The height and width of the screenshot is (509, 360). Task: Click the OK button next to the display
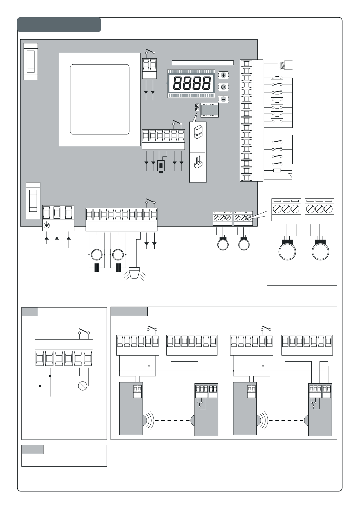(223, 87)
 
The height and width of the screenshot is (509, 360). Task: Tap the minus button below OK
(223, 99)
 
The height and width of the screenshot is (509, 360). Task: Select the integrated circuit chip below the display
(209, 111)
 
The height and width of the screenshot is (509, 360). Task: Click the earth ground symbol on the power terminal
(47, 225)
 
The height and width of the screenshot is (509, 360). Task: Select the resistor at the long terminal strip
(277, 171)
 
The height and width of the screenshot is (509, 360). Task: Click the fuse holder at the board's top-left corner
(31, 61)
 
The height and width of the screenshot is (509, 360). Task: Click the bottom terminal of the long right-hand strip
(246, 178)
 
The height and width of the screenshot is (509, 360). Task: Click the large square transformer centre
(100, 99)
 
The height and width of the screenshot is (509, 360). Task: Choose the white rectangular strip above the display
(203, 63)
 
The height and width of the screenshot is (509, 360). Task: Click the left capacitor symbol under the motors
(97, 268)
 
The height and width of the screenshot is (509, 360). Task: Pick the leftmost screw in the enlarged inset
(278, 209)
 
